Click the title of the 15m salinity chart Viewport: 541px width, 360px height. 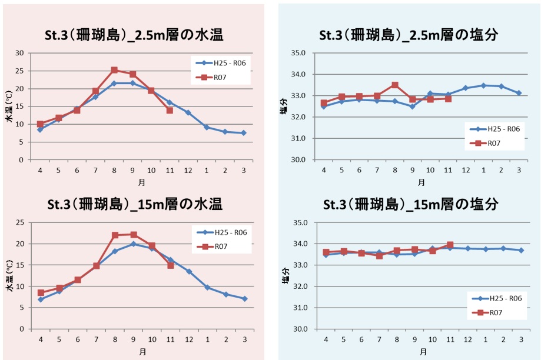(411, 204)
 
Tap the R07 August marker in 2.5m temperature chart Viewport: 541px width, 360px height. (114, 70)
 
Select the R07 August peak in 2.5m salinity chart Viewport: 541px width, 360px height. (395, 85)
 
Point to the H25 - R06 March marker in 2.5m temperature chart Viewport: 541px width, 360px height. (244, 133)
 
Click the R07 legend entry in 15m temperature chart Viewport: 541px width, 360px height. (220, 246)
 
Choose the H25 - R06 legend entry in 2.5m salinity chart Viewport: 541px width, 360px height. (494, 129)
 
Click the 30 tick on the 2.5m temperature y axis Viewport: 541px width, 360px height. (19, 53)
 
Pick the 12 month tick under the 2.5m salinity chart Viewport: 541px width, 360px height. (466, 170)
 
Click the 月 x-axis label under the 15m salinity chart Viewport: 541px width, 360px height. (424, 352)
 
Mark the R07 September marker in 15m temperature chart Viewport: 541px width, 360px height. (133, 235)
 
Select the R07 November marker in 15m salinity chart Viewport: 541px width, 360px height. (450, 245)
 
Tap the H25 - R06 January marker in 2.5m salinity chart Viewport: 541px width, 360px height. (483, 85)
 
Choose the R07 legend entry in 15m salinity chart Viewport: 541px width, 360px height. (493, 312)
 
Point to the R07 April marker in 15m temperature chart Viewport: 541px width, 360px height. (41, 292)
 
